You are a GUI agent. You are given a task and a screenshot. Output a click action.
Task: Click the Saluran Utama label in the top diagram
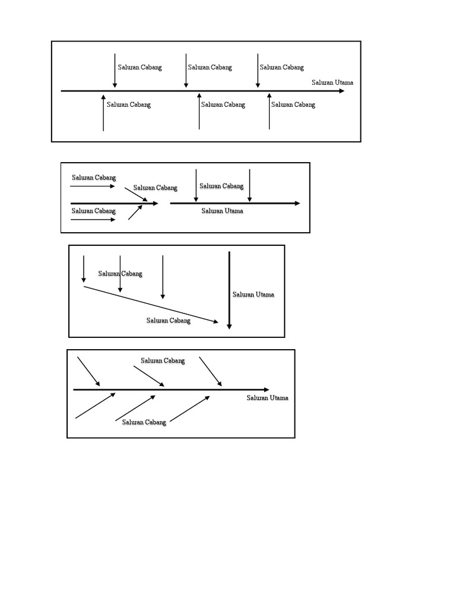(332, 83)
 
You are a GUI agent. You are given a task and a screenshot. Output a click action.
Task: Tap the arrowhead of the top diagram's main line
(341, 91)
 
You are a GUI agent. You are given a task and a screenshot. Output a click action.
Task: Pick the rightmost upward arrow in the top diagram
(270, 112)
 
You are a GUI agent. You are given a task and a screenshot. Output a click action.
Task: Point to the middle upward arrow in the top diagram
(199, 112)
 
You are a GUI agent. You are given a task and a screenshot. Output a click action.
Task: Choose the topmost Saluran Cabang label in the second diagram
(94, 178)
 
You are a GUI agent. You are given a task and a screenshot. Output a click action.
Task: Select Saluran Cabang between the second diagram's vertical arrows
(221, 186)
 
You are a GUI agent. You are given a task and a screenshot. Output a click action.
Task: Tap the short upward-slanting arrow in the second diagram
(135, 213)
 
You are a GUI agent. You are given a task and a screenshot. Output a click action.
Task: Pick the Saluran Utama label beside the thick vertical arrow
(254, 294)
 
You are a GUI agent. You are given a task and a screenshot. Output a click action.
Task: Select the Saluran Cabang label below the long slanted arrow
(169, 321)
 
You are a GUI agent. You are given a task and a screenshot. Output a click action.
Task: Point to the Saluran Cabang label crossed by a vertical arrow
(121, 274)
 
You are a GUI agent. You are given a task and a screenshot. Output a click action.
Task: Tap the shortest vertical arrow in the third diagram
(84, 269)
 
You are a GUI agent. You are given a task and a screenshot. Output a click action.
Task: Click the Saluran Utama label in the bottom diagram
(268, 398)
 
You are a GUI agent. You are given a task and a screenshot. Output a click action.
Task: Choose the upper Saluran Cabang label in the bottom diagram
(163, 360)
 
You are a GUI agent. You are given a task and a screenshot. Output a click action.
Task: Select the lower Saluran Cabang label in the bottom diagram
(144, 422)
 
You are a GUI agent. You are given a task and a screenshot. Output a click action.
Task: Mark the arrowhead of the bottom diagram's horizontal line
(265, 389)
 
